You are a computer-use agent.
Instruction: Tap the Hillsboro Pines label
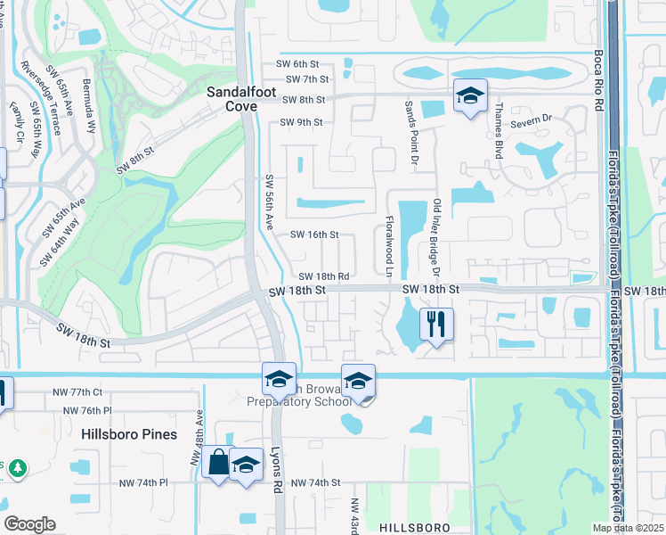pyautogui.click(x=129, y=434)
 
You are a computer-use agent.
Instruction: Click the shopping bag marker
pyautogui.click(x=218, y=463)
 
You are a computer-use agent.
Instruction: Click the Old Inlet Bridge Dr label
pyautogui.click(x=436, y=235)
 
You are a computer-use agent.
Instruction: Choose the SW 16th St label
pyautogui.click(x=315, y=235)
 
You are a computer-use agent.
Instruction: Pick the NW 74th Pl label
pyautogui.click(x=143, y=482)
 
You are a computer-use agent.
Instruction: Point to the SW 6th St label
pyautogui.click(x=297, y=64)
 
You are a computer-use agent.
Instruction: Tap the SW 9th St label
pyautogui.click(x=301, y=122)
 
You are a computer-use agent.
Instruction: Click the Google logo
pyautogui.click(x=29, y=524)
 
